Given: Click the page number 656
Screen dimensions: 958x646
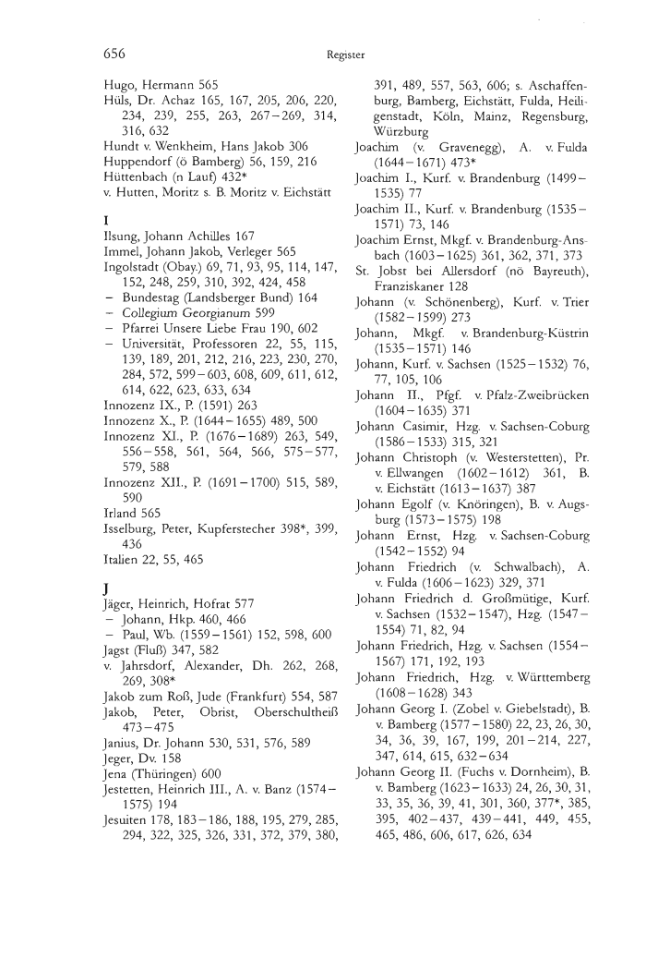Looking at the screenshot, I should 114,55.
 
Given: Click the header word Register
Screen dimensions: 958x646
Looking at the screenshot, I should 347,55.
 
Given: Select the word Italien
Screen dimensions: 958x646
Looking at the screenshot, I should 124,564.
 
